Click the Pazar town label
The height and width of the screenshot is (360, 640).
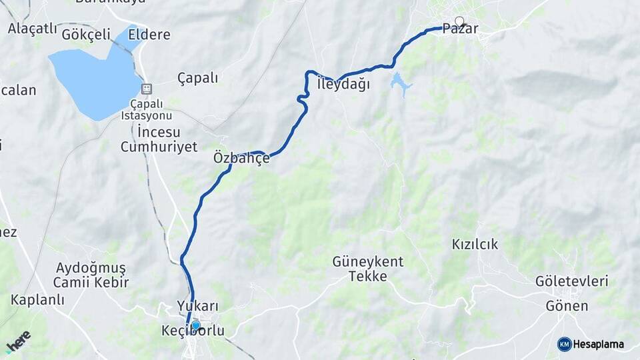tap(461, 30)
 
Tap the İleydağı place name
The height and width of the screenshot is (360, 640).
tap(343, 85)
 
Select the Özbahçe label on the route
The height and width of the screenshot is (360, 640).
tap(241, 159)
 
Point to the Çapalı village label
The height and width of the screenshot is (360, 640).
tap(197, 78)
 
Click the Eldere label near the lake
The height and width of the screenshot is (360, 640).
tap(149, 35)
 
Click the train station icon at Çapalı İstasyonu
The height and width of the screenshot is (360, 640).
tap(147, 88)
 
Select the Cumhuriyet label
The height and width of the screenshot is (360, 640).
tap(159, 147)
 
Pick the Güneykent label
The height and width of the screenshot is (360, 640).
tap(368, 261)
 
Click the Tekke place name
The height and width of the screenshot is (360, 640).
tap(368, 276)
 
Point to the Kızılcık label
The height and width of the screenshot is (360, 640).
tap(475, 244)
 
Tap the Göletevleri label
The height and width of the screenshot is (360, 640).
tap(572, 281)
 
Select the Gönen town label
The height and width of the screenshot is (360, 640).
tap(567, 306)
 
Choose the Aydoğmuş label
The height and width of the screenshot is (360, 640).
tap(91, 268)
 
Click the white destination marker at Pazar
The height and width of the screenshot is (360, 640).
tap(459, 21)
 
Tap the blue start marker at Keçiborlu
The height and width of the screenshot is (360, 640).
tap(195, 325)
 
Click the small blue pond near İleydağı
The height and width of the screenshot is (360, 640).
tap(400, 84)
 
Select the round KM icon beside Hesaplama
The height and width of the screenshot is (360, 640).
tap(565, 344)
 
